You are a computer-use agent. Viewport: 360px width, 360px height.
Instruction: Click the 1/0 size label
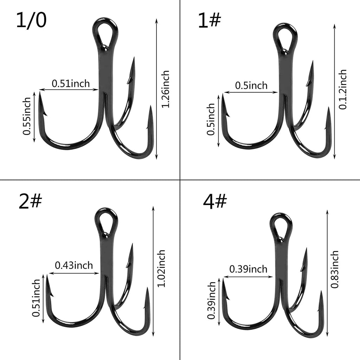[31, 21]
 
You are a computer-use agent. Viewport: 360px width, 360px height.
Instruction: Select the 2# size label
[30, 203]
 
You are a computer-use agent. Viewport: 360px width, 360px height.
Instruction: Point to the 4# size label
[215, 202]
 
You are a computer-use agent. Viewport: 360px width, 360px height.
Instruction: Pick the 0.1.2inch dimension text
[343, 90]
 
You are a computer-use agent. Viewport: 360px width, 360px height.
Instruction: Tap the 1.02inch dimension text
[161, 269]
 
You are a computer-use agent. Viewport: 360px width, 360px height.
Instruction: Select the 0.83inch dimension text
[335, 269]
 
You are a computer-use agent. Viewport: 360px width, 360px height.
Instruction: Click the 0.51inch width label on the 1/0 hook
[71, 84]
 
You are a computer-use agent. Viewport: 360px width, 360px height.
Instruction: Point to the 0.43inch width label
[73, 265]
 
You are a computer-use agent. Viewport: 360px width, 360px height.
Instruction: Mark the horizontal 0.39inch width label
[248, 269]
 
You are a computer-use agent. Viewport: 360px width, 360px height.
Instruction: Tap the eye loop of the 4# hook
[281, 225]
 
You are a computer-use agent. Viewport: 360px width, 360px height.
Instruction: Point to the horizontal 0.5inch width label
[251, 85]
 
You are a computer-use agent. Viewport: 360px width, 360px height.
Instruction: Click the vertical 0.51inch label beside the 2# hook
[36, 298]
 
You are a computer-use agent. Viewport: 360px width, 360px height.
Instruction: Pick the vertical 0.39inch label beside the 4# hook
[212, 300]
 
